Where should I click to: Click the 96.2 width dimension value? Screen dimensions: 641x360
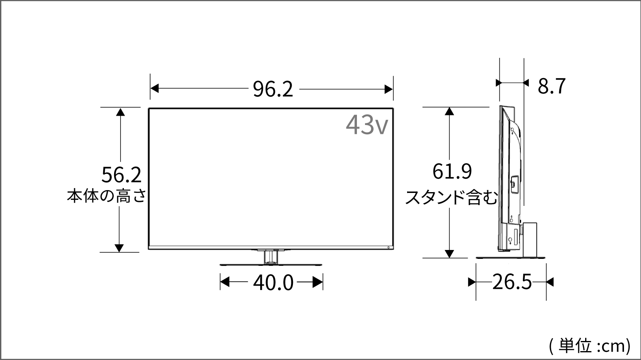coord(273,89)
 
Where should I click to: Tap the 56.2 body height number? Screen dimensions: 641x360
coord(122,175)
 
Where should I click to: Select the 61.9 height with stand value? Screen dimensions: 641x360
coord(452,171)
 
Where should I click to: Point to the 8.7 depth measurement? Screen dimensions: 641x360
coord(552,86)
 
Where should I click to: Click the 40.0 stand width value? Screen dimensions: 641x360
coord(273,283)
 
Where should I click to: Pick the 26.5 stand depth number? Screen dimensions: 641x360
coord(512,282)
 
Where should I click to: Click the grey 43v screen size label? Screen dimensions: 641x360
coord(367,125)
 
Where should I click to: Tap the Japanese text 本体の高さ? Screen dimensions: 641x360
coord(107,196)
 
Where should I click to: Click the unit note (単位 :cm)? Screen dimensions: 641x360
coord(590,346)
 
